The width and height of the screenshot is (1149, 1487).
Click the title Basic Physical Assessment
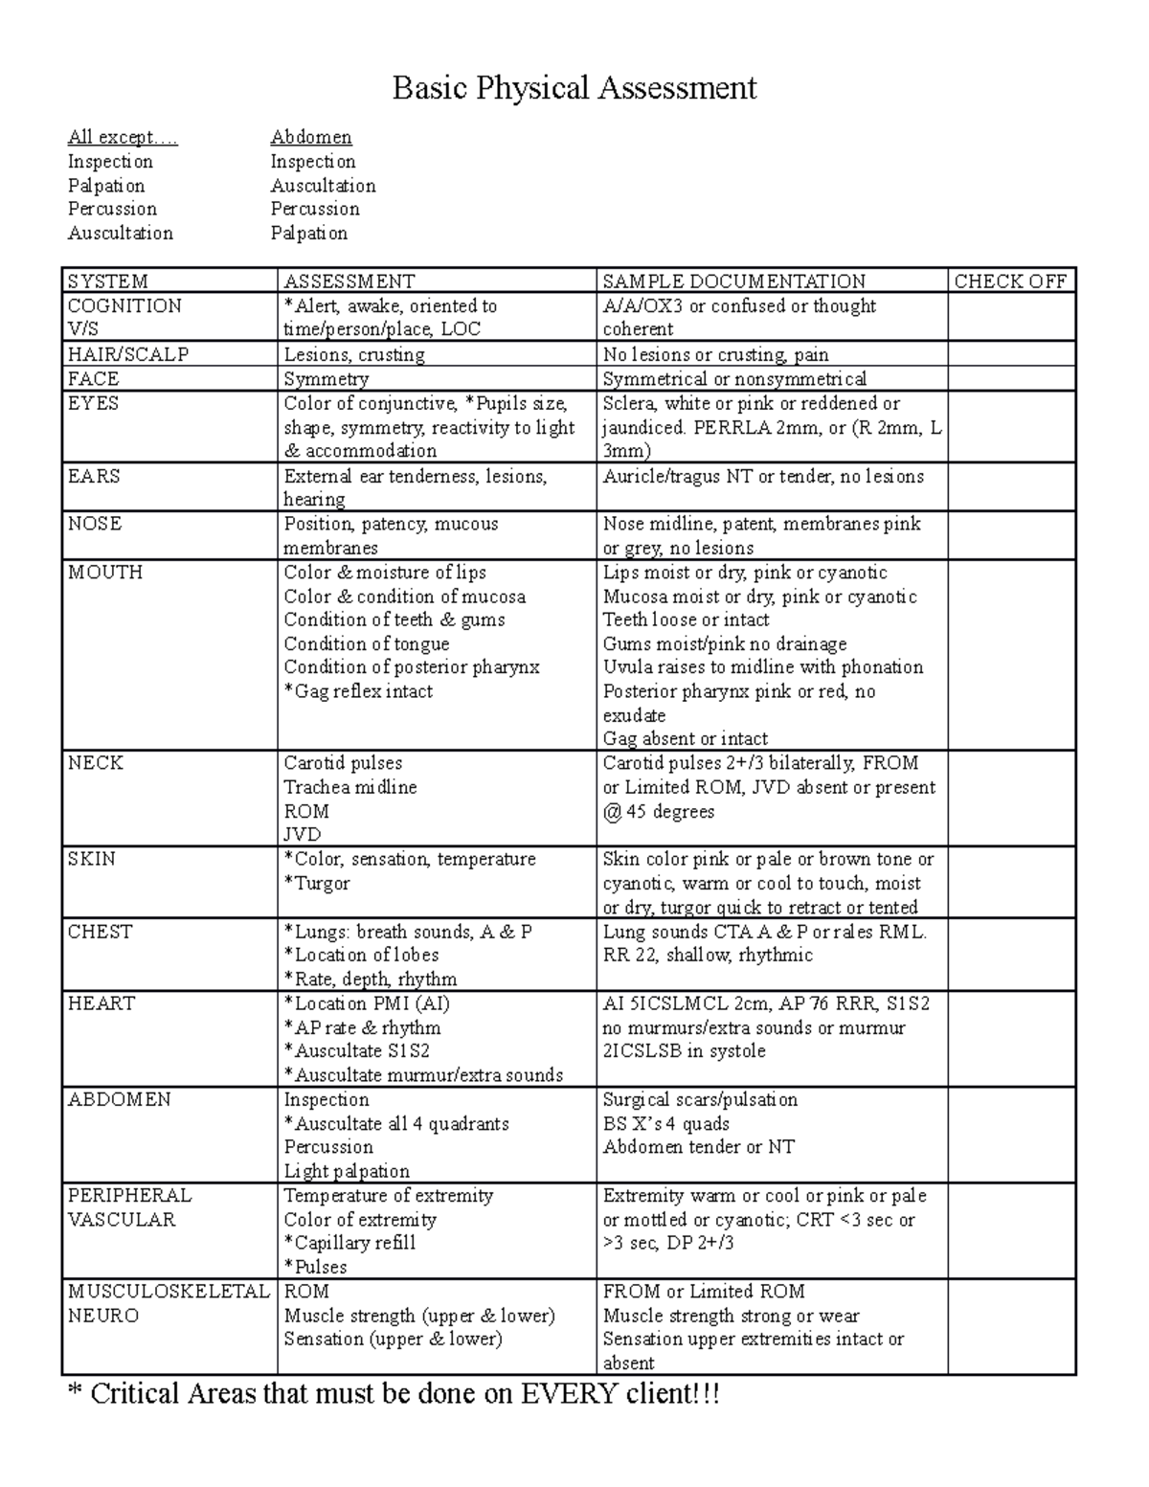coord(574,88)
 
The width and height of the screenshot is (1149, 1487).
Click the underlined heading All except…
coord(123,138)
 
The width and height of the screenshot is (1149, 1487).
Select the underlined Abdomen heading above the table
coord(311,138)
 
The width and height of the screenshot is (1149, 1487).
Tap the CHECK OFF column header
coord(1010,282)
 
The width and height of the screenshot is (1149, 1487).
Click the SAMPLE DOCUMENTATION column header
coord(733,282)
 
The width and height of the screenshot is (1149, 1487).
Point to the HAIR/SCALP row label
coord(128,354)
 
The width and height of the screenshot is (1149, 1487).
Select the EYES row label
coord(93,403)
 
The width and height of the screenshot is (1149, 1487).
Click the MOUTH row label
coord(105,573)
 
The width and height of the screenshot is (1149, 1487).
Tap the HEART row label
coord(101,1003)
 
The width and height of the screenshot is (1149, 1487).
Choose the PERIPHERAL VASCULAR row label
coord(129,1207)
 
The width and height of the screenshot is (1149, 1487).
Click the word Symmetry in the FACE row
coord(326,379)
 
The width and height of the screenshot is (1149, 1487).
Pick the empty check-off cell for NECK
coord(1011,799)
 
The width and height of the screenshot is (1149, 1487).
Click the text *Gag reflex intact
coord(358,691)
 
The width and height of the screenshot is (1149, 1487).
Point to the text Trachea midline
coord(349,787)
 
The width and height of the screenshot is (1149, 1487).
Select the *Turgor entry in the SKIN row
coord(317,883)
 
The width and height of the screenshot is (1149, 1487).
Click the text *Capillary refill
coord(349,1243)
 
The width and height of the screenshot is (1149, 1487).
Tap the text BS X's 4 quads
coord(665,1123)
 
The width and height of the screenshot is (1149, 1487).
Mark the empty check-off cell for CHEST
coord(1011,955)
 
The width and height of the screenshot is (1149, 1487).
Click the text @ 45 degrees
coord(658,811)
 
